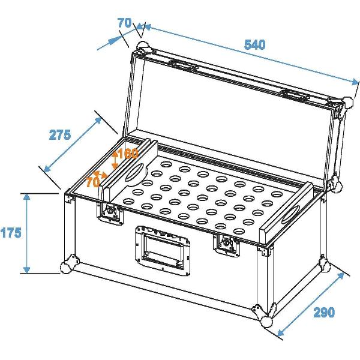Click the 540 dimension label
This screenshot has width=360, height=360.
click(254, 44)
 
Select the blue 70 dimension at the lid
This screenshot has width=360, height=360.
click(124, 23)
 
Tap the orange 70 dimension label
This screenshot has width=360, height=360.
click(92, 181)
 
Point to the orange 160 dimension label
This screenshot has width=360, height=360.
click(128, 154)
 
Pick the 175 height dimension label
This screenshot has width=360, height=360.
click(11, 232)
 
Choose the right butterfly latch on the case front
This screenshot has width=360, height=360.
click(226, 243)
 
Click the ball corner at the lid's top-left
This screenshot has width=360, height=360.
click(143, 47)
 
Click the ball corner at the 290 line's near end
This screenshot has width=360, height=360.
click(268, 323)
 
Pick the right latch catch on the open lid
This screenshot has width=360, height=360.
click(293, 94)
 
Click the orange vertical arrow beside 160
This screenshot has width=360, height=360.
click(116, 159)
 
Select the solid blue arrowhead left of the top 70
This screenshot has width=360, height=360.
click(113, 41)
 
